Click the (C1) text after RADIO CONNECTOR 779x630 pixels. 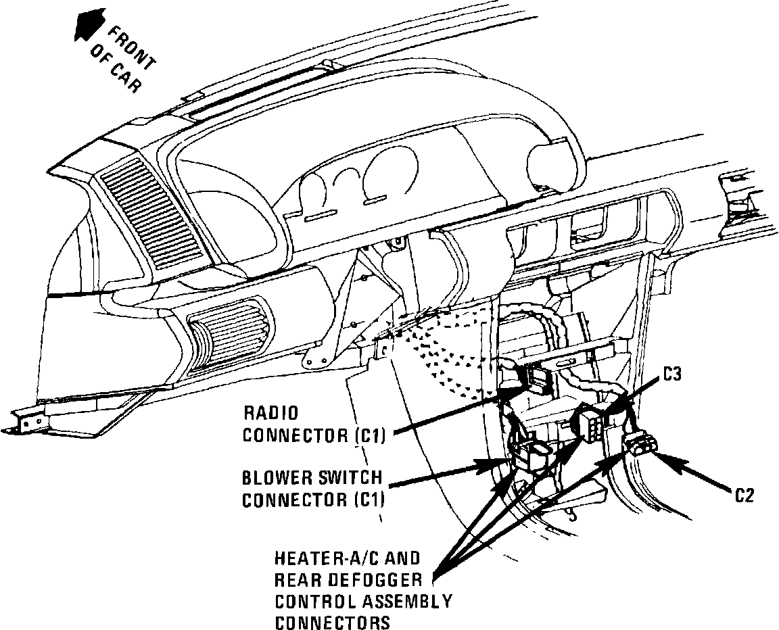click(369, 435)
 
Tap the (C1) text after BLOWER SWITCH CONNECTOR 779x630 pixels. click(369, 500)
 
